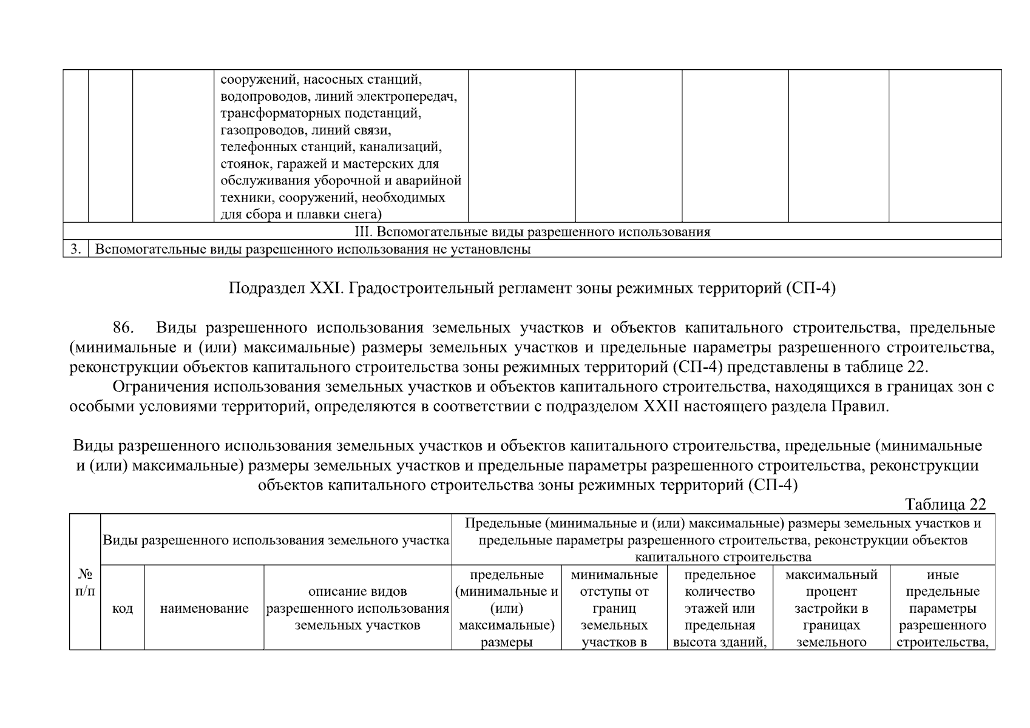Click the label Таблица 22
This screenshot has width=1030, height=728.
click(x=945, y=504)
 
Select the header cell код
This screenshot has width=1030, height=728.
click(x=123, y=608)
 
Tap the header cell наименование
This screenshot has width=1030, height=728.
click(x=204, y=608)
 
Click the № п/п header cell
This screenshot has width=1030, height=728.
click(x=85, y=582)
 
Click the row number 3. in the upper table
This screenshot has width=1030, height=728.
click(x=75, y=249)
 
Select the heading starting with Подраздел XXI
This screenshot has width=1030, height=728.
click(x=532, y=289)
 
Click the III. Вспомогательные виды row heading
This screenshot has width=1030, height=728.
click(x=532, y=232)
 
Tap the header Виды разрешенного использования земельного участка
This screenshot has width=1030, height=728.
click(x=276, y=540)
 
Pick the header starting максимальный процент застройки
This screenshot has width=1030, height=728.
click(x=831, y=608)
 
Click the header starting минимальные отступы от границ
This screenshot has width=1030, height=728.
click(x=614, y=608)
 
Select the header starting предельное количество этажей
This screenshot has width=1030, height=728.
click(x=720, y=608)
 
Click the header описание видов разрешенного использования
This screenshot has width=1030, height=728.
click(x=357, y=608)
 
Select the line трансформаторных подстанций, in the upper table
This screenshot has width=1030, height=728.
click(x=320, y=113)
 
